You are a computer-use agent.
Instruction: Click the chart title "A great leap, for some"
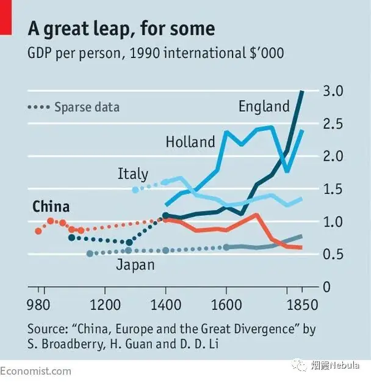121,29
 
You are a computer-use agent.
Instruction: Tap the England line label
264,106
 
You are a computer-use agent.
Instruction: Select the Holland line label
190,142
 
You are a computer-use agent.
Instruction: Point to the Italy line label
133,174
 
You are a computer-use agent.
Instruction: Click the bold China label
51,207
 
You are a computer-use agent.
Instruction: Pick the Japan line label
135,265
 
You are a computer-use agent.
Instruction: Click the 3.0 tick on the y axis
333,91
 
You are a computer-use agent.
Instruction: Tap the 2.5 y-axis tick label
333,123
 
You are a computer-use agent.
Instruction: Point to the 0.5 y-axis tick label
333,254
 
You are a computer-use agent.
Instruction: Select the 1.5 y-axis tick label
333,189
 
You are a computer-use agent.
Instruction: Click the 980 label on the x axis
38,304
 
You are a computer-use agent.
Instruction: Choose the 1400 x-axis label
166,304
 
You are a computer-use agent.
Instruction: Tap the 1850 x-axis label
303,304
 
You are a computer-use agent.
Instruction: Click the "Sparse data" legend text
87,107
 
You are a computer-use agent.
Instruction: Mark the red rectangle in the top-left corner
5,17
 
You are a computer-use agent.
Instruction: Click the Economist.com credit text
35,371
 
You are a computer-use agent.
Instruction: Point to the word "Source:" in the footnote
48,329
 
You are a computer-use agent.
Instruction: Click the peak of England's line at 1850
302,92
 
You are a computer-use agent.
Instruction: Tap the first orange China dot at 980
38,231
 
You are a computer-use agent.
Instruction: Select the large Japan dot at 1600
226,248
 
